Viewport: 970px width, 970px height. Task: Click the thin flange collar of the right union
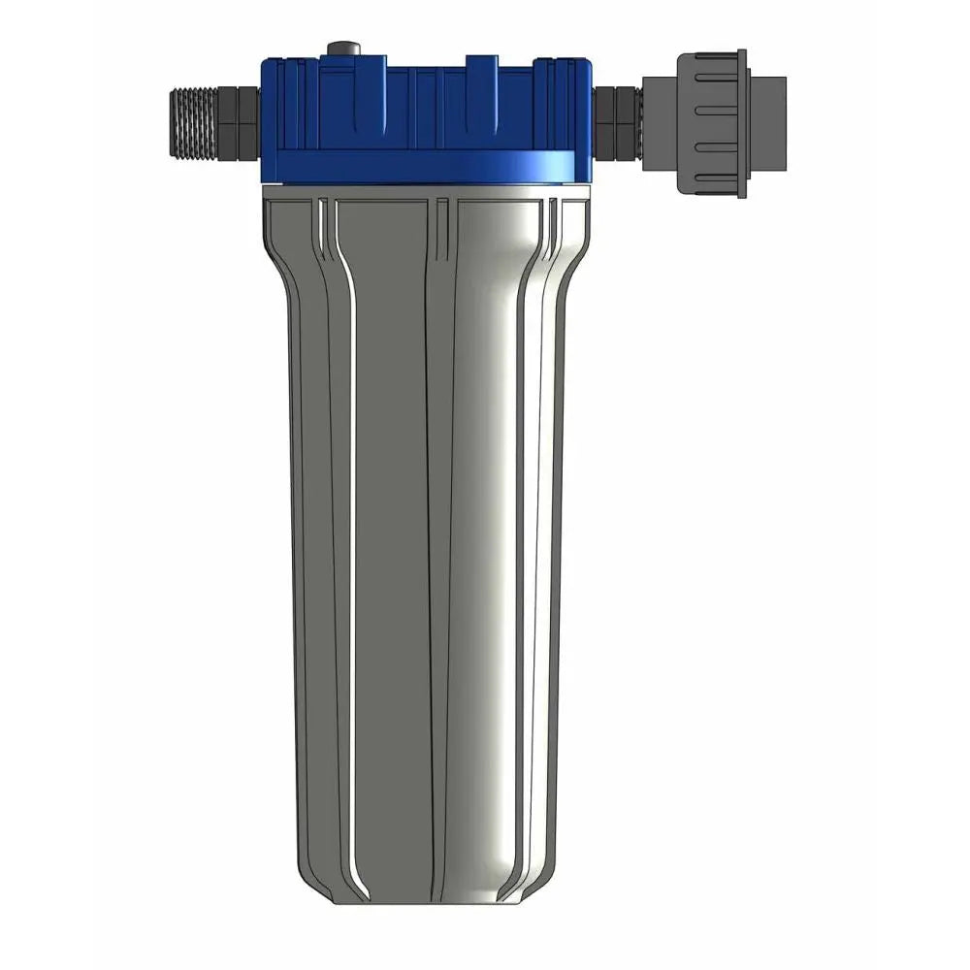point(741,123)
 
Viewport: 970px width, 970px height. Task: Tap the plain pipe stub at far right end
point(766,123)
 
